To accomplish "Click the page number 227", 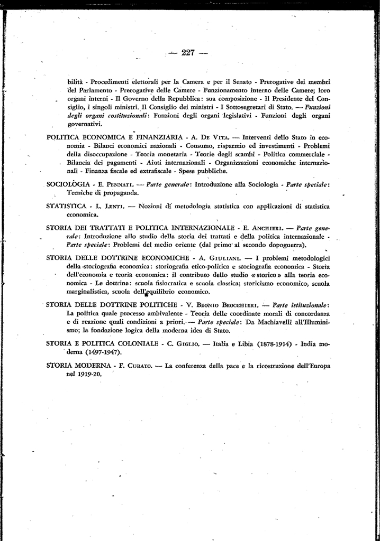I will [188, 52].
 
